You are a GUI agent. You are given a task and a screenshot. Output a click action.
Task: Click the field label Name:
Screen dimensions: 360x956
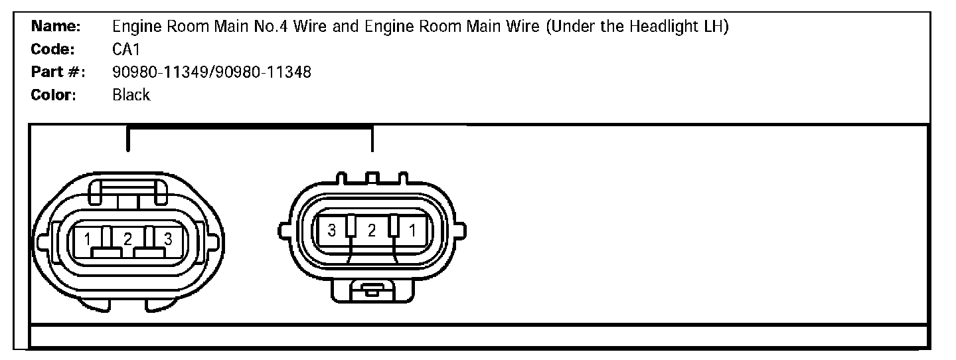[56, 27]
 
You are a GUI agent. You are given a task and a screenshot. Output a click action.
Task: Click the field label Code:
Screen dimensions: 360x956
[54, 50]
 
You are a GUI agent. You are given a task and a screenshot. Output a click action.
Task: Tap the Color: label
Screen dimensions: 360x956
[54, 95]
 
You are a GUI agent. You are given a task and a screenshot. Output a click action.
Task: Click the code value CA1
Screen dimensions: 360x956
[126, 50]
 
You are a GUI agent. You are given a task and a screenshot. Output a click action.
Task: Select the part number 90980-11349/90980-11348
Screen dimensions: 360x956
[212, 72]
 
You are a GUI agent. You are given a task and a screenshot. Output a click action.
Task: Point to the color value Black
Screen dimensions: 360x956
[131, 95]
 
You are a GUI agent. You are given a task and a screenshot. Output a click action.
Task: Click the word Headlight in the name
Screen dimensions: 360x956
[657, 27]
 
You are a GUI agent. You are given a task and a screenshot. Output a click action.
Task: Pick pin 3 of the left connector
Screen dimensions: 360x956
[167, 239]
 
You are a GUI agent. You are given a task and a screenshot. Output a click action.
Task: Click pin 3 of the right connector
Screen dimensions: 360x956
[331, 230]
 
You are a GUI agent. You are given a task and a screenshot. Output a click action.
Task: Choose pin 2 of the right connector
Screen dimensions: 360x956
[372, 230]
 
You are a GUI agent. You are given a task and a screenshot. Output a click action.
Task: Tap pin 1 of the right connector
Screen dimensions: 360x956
[412, 230]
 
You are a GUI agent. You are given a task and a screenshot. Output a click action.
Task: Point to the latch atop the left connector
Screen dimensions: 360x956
[127, 193]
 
